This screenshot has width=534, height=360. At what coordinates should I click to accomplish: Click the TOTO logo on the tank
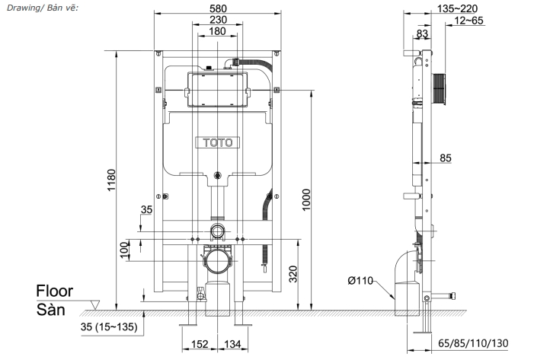(x=219, y=142)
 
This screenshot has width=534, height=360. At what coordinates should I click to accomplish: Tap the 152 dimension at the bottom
(x=200, y=346)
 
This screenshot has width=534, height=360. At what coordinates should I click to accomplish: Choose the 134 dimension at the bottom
(x=232, y=346)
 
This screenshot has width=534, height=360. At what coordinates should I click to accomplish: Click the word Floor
(x=54, y=291)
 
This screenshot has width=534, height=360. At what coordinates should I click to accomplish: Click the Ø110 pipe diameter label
(x=360, y=281)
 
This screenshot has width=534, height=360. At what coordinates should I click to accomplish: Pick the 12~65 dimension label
(x=465, y=21)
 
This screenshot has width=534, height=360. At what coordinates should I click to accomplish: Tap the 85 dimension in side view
(x=445, y=158)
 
